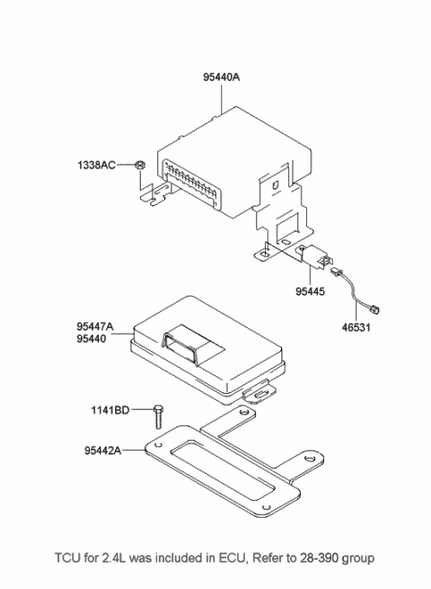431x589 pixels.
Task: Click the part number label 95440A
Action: (x=221, y=77)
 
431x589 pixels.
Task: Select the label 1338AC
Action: (x=96, y=165)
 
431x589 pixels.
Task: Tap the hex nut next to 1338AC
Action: (x=140, y=165)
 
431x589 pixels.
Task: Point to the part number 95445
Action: (x=310, y=291)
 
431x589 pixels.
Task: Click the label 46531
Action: (x=356, y=327)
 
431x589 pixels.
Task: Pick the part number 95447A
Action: (x=95, y=326)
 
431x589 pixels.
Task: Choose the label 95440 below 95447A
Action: (x=92, y=339)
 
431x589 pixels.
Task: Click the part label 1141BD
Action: (x=110, y=410)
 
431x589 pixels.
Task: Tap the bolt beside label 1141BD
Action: (x=158, y=416)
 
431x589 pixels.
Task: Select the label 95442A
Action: (x=102, y=450)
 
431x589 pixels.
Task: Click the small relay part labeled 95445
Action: (x=314, y=256)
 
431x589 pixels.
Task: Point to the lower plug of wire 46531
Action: (x=374, y=310)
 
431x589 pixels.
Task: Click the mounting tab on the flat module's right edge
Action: (x=260, y=392)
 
